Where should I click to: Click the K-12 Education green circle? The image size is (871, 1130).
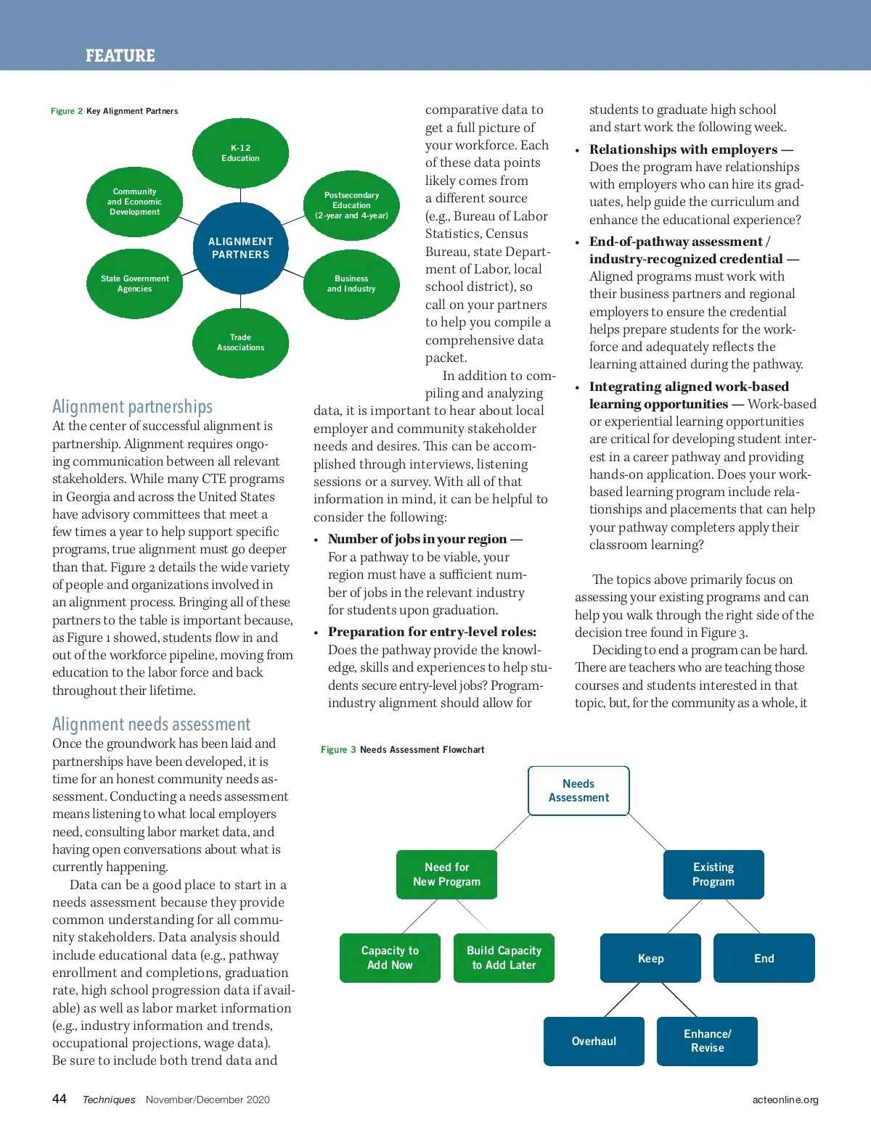pos(240,153)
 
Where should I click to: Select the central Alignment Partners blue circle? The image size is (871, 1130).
pos(240,248)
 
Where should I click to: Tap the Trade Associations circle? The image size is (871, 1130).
pos(240,342)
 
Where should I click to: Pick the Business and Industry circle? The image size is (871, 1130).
pos(351,284)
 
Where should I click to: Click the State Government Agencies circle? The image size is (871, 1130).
pos(135,284)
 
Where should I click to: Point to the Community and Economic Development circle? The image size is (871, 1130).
pos(135,202)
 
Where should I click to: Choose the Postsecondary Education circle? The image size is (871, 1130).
pos(351,205)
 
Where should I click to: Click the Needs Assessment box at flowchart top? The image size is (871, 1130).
pos(578,791)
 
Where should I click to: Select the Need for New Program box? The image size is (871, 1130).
pos(446,875)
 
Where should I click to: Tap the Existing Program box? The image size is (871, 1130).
pos(713,875)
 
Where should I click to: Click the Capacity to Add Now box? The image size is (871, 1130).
pos(390,958)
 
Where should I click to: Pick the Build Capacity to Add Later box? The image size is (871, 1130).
pos(504,958)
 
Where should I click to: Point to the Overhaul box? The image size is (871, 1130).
pos(594,1042)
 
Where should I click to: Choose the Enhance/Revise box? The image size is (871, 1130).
pos(707,1042)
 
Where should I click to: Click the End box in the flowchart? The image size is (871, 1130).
pos(764,958)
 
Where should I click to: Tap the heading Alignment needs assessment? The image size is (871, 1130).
pos(151,725)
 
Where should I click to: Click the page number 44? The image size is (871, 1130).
pos(60,1099)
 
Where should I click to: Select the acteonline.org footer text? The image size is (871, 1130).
pos(785,1100)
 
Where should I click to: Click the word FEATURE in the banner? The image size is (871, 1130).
pos(120,56)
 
